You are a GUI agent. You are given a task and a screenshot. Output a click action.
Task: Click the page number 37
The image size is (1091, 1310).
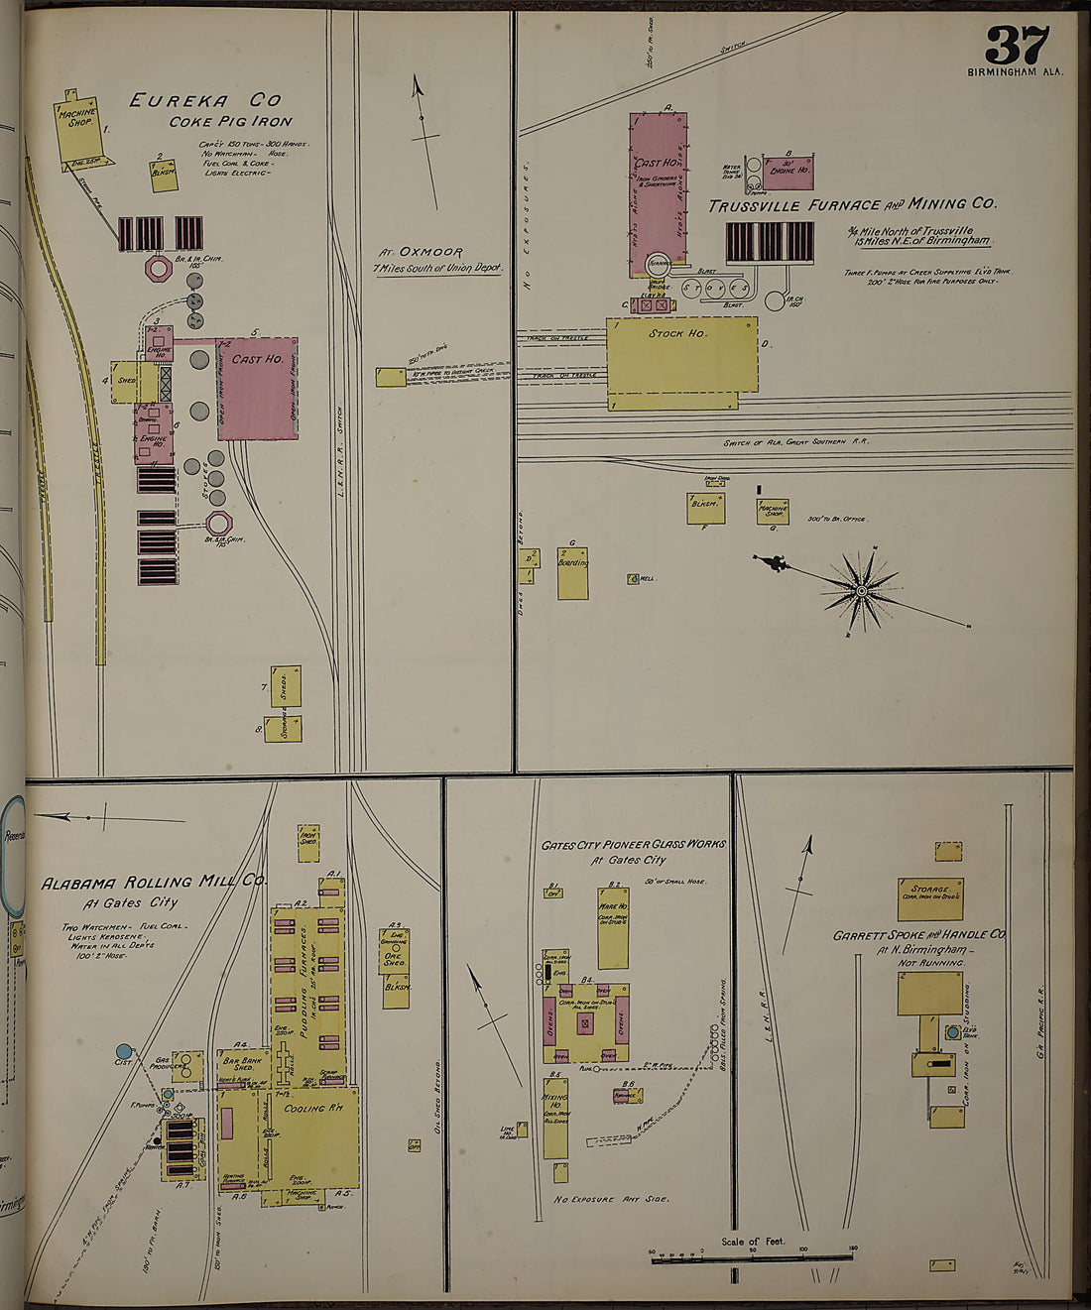(1018, 45)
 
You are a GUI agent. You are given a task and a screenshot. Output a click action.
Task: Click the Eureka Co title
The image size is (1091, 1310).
(204, 100)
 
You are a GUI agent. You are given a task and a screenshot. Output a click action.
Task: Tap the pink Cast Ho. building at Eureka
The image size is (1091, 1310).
(258, 387)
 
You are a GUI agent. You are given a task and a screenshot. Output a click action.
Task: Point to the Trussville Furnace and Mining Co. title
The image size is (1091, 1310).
(851, 204)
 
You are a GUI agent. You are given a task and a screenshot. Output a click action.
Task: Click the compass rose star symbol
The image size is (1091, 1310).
(861, 591)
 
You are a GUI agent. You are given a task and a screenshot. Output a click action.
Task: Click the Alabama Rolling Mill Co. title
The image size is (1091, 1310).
(153, 882)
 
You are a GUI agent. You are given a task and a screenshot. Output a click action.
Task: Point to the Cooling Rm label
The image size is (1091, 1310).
(312, 1108)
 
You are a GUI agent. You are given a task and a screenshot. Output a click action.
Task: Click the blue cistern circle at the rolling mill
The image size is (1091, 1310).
(123, 1050)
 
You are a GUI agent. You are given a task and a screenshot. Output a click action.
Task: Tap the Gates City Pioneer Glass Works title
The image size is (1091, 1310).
(633, 845)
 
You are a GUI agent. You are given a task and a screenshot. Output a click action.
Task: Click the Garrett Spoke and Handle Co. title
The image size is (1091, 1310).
(919, 934)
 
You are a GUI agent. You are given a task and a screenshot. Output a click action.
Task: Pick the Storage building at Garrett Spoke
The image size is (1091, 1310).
(930, 897)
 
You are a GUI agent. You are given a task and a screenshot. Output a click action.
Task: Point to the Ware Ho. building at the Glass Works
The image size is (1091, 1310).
(612, 927)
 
